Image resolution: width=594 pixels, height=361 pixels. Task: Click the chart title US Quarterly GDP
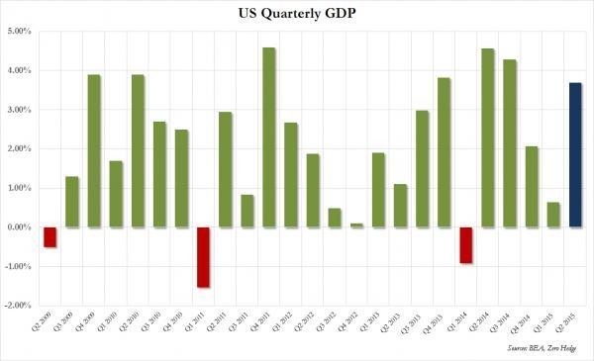[297, 13]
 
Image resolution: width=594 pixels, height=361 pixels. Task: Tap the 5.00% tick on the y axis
[19, 32]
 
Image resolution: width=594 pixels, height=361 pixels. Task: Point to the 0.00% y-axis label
[19, 227]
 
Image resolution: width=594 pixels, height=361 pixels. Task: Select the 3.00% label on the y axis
[19, 110]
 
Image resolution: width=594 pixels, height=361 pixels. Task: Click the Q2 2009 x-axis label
[49, 323]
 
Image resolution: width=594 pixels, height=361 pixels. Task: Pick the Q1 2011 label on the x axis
[203, 323]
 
